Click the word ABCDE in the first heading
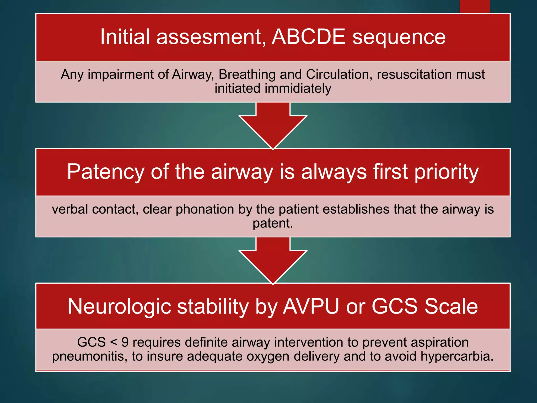(308, 37)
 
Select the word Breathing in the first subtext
(247, 74)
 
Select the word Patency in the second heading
(105, 172)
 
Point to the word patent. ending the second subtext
(273, 224)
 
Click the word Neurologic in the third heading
(119, 307)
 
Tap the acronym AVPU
(311, 306)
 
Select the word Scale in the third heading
(451, 306)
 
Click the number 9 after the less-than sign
(125, 342)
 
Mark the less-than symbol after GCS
(114, 342)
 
